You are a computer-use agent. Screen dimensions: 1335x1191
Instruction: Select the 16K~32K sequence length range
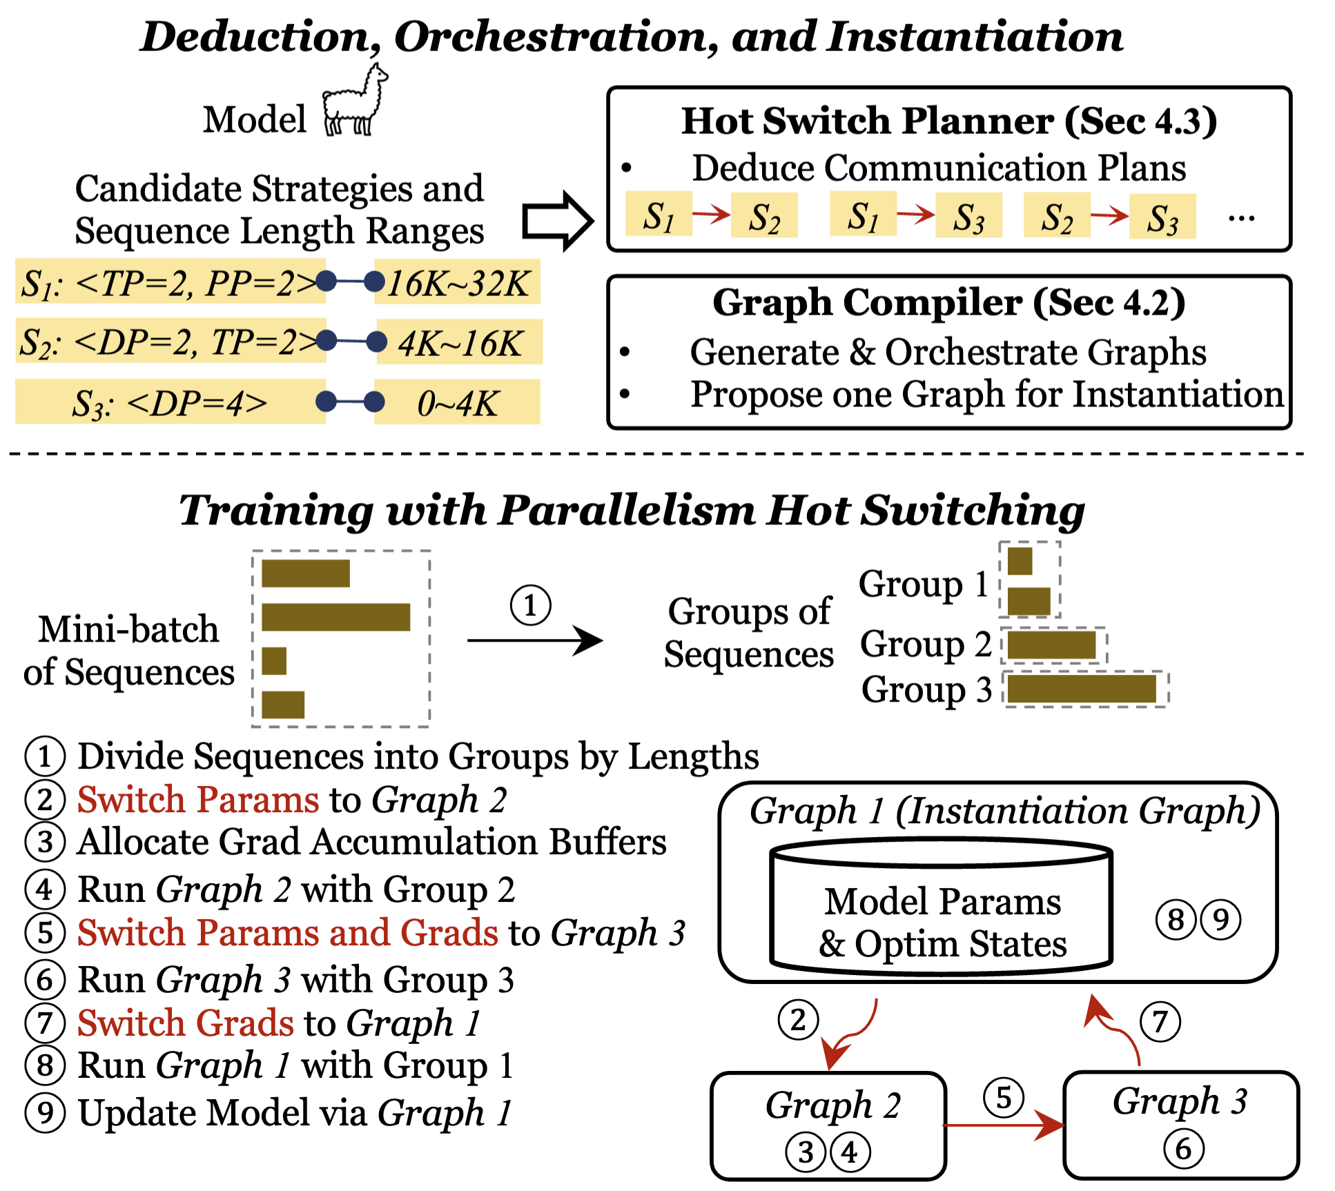457,282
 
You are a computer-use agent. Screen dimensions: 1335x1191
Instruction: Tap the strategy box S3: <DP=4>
170,402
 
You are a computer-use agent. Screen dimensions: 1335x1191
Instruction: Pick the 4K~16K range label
460,342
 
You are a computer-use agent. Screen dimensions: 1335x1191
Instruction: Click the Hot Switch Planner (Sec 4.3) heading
949,121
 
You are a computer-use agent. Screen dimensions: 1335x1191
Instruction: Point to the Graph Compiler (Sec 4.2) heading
949,303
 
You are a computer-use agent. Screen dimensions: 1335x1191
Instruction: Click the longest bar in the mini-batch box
336,617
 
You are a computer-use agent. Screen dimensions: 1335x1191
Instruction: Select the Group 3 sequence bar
1082,689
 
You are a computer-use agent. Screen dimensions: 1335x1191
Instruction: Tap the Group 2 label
926,644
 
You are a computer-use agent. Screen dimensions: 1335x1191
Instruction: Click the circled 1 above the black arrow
530,606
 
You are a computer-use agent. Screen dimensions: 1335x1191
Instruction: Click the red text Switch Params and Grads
288,933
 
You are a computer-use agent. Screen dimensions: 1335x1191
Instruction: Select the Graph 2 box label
833,1105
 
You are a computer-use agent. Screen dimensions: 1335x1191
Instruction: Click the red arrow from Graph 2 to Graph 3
1004,1126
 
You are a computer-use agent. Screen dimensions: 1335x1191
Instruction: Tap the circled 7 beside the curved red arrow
1160,1022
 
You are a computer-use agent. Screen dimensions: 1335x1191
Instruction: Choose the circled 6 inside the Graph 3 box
1183,1149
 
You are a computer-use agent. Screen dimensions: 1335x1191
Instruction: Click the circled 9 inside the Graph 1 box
1220,919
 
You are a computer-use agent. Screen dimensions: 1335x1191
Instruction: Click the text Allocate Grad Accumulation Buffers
372,843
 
